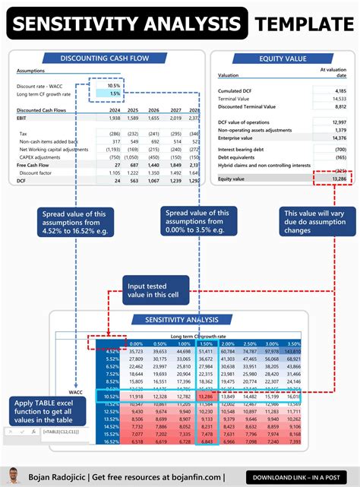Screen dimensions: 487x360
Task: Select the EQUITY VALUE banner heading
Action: click(x=283, y=59)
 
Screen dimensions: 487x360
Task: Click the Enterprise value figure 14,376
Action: click(x=338, y=138)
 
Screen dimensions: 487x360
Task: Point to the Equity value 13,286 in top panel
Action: click(x=338, y=179)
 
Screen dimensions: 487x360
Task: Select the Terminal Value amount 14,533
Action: click(x=338, y=99)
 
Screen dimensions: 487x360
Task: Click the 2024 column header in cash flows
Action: click(x=114, y=110)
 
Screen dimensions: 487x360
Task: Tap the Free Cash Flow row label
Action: click(x=34, y=164)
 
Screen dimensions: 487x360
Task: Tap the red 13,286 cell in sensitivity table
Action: click(x=205, y=396)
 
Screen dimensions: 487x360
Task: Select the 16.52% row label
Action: click(x=112, y=441)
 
